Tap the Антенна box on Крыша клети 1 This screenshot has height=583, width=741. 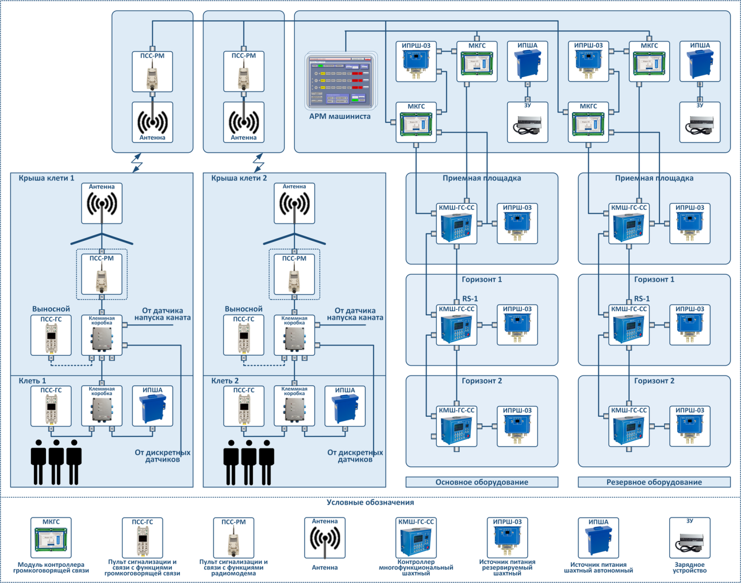click(x=102, y=204)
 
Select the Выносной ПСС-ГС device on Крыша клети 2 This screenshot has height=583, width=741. click(x=244, y=335)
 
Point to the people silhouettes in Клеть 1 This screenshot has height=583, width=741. click(x=56, y=462)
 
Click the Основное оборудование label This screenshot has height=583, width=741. click(x=482, y=482)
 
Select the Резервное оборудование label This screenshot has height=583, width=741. click(x=654, y=482)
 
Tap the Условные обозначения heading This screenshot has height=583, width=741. click(x=370, y=503)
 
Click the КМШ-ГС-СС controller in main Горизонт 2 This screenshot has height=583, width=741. click(x=457, y=427)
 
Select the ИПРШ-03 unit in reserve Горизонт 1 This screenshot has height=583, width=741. click(x=690, y=326)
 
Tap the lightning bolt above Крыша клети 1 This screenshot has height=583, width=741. click(x=137, y=162)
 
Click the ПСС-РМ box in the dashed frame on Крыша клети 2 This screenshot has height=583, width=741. click(x=294, y=274)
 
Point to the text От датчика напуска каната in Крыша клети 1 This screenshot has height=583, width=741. click(x=162, y=314)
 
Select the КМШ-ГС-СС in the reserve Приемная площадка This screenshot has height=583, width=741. click(x=629, y=224)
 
